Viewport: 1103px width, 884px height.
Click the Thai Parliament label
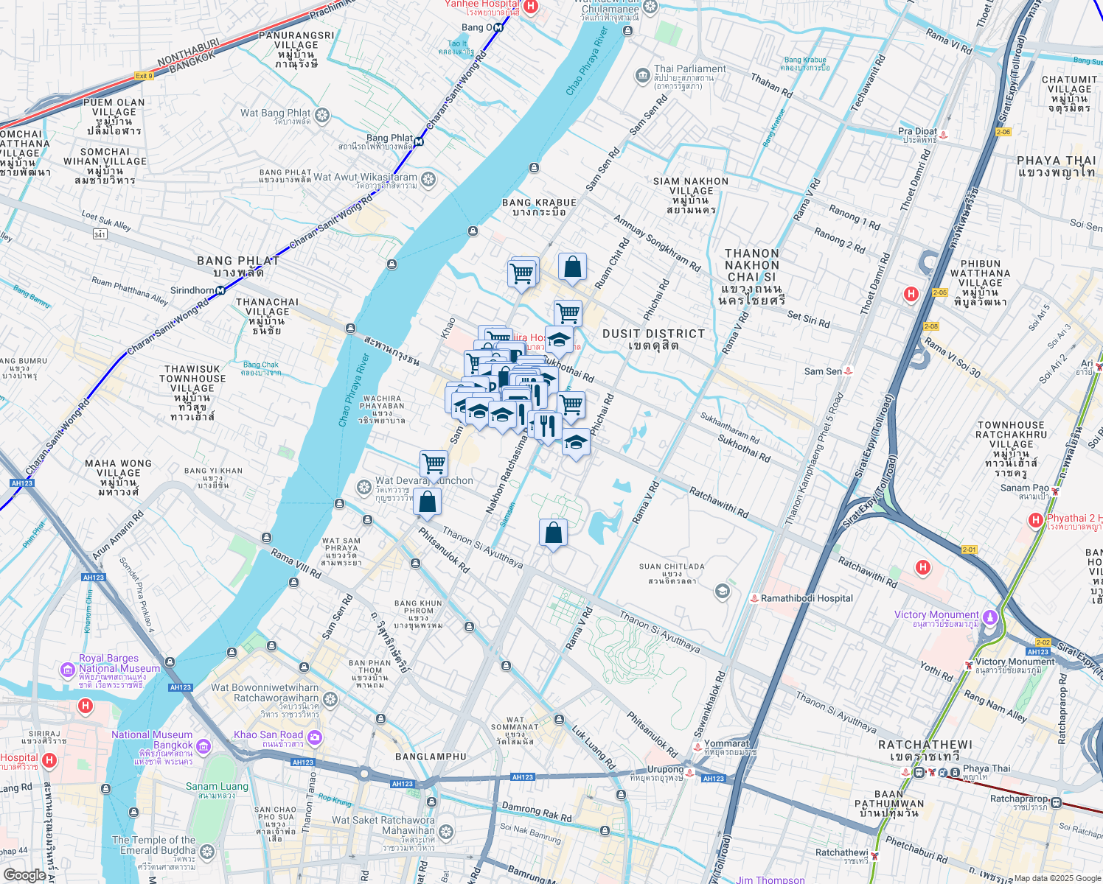[689, 69]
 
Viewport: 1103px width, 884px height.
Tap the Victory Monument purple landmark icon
[990, 616]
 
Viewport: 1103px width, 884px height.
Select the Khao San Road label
[268, 735]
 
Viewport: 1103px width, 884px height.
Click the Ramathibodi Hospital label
[807, 598]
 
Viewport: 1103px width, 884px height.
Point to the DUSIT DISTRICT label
[653, 334]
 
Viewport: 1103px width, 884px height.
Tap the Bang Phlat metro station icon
[419, 141]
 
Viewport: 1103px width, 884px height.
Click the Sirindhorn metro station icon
[220, 290]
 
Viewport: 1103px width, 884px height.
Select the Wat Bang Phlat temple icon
[321, 115]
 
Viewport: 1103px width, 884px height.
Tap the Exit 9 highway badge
[144, 76]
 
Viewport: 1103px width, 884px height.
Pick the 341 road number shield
[100, 234]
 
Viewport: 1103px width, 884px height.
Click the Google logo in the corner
[24, 874]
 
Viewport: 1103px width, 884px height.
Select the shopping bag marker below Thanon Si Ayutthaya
[553, 533]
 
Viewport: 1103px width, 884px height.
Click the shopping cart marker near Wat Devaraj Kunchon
[434, 464]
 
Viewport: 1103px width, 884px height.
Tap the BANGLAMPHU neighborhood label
[431, 757]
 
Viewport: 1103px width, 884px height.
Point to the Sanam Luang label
[217, 787]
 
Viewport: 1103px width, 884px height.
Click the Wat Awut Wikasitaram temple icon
[428, 179]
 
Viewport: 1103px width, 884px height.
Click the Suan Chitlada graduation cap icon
[723, 591]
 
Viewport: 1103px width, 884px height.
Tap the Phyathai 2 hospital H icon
[1036, 521]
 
